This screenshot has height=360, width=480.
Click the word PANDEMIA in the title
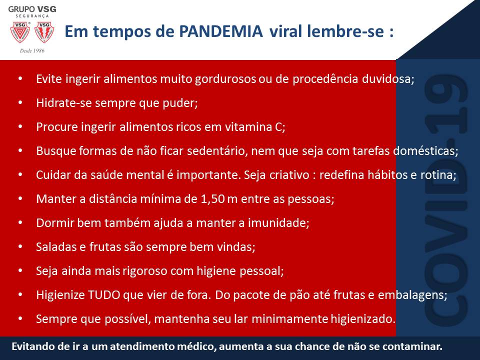click(220, 31)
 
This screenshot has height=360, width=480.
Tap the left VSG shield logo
click(20, 32)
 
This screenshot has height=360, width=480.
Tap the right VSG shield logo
click(44, 32)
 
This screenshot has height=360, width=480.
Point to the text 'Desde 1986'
click(32, 50)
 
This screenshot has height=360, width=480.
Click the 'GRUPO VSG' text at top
click(32, 9)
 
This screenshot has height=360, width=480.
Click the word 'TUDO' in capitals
click(104, 295)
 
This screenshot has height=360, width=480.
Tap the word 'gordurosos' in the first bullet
click(225, 79)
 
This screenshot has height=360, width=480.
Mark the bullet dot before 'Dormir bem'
click(20, 222)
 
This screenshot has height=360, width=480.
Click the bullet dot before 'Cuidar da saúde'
click(20, 174)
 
